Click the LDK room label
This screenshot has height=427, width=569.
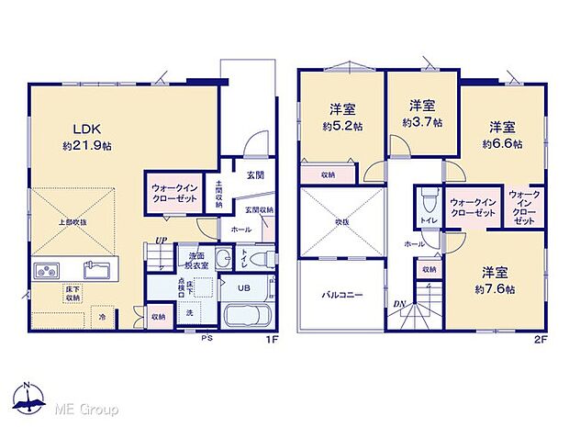[x=75, y=129]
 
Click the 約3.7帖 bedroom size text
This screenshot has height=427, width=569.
[x=422, y=121]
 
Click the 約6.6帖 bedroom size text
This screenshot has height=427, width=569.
[x=502, y=143]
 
